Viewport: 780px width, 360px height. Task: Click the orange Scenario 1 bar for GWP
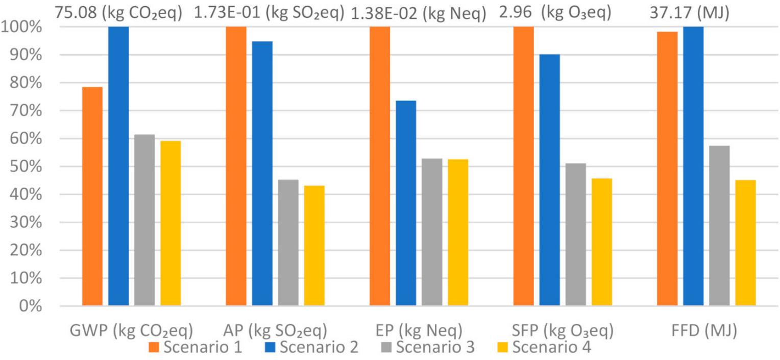click(x=92, y=197)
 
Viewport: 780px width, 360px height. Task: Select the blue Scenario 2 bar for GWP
click(x=118, y=166)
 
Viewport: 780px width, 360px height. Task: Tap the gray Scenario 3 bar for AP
click(x=288, y=243)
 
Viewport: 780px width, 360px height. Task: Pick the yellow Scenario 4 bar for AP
click(x=314, y=246)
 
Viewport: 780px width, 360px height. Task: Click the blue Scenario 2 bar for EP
click(x=406, y=203)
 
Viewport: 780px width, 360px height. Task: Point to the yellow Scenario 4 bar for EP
click(x=458, y=232)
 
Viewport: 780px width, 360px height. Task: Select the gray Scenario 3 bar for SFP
click(x=576, y=234)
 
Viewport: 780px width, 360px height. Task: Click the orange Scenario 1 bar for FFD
click(x=668, y=169)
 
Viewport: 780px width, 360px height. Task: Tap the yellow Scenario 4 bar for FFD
click(x=746, y=243)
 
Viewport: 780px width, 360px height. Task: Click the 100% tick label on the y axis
click(x=21, y=27)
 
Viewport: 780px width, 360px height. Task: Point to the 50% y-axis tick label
click(x=26, y=166)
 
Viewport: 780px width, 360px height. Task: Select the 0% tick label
click(x=31, y=306)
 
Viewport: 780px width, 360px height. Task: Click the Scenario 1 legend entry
click(x=196, y=347)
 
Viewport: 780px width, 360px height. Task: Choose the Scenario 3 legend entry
click(x=428, y=347)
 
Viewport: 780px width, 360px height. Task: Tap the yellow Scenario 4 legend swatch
click(x=502, y=347)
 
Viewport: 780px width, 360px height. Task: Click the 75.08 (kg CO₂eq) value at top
click(x=118, y=13)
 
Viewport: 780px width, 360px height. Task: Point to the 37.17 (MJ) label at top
click(x=690, y=13)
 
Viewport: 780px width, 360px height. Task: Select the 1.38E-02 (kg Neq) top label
click(x=419, y=13)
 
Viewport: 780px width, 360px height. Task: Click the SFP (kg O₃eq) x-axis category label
click(x=563, y=330)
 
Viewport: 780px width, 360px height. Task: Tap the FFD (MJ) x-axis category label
click(x=704, y=330)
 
